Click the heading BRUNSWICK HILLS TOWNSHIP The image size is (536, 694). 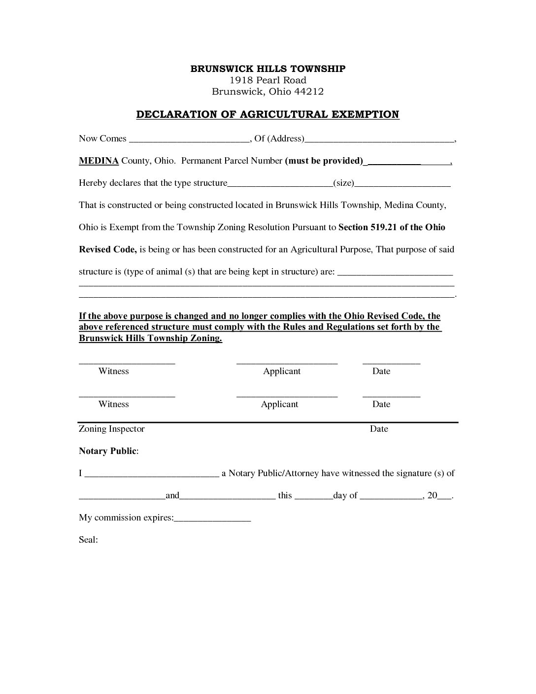point(268,69)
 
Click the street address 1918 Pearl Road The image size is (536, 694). point(268,80)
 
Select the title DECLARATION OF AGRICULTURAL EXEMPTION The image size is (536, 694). point(268,114)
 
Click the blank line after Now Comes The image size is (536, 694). point(189,139)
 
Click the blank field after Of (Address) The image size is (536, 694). point(379,139)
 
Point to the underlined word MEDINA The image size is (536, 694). point(99,161)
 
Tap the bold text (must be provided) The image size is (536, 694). point(324,161)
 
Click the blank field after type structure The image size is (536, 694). point(280,183)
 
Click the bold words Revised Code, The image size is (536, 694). point(108,249)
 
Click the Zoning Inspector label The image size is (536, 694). point(112,429)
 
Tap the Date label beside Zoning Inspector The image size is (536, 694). point(379,429)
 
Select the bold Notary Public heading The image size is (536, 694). point(108,451)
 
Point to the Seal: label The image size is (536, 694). point(88,540)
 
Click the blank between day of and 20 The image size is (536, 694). point(391,496)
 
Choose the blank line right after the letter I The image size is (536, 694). point(152,474)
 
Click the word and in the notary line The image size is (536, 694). point(172,496)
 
